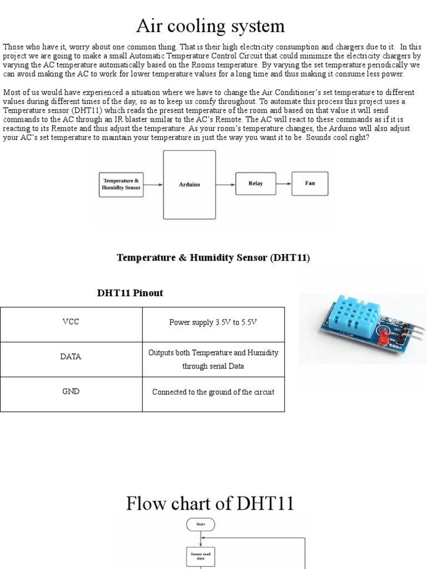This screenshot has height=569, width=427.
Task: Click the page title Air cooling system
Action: click(x=210, y=26)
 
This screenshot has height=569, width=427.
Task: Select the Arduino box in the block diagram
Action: click(x=189, y=184)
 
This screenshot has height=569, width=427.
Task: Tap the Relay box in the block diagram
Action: click(x=256, y=183)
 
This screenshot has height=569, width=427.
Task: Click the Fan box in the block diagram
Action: click(x=310, y=183)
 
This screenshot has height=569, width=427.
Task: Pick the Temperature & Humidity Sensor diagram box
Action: click(x=121, y=184)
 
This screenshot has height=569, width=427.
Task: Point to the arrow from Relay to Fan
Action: click(x=284, y=183)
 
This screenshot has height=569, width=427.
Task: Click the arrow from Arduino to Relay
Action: click(x=225, y=184)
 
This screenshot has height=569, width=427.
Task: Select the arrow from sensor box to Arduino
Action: click(x=153, y=184)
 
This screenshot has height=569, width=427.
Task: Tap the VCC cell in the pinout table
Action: click(x=71, y=322)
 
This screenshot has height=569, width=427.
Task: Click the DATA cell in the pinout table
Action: click(x=71, y=357)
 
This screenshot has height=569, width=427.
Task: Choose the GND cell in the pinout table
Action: click(x=71, y=392)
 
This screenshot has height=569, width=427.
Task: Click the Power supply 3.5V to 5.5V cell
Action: click(x=213, y=322)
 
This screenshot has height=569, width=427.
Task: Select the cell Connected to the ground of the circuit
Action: click(x=213, y=392)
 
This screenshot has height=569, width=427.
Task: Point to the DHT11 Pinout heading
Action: click(x=130, y=293)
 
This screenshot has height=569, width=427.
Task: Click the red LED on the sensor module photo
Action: click(x=383, y=337)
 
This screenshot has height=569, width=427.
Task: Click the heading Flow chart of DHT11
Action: click(x=210, y=503)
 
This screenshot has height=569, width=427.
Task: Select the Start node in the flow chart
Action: click(x=201, y=524)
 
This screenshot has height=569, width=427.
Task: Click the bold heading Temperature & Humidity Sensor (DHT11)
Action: click(x=213, y=258)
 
